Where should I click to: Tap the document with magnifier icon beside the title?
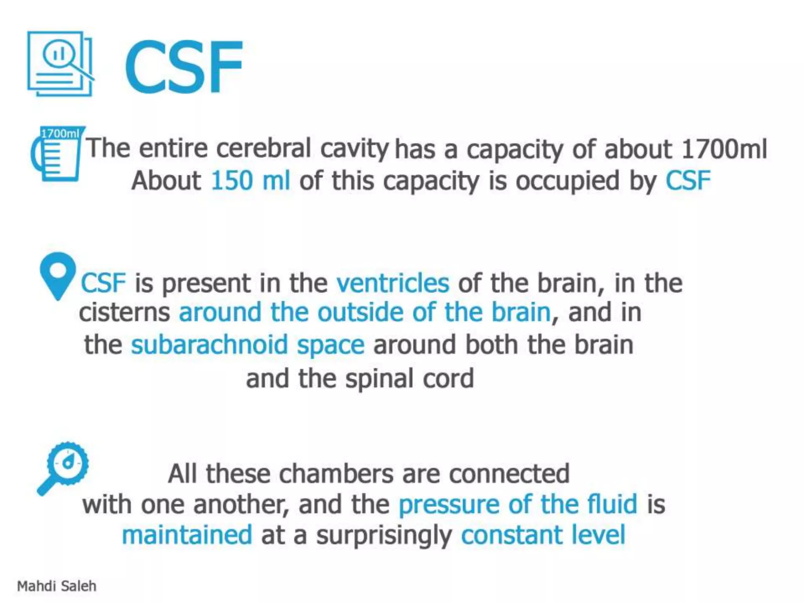pyautogui.click(x=60, y=64)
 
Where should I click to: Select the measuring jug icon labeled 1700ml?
pyautogui.click(x=57, y=154)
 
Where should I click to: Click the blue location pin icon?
pyautogui.click(x=58, y=275)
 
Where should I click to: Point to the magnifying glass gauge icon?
pyautogui.click(x=64, y=468)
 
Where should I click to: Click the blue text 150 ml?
pyautogui.click(x=250, y=181)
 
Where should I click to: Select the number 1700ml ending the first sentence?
pyautogui.click(x=724, y=149)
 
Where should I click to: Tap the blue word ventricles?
pyautogui.click(x=393, y=283)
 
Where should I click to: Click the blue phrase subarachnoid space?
pyautogui.click(x=247, y=345)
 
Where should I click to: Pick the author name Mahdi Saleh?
pyautogui.click(x=57, y=586)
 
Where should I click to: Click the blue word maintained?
pyautogui.click(x=187, y=535)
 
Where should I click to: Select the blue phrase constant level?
pyautogui.click(x=543, y=535)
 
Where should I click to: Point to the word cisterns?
pyautogui.click(x=124, y=312)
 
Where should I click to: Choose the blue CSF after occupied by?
pyautogui.click(x=688, y=181)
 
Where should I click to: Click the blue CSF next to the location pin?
pyautogui.click(x=103, y=283)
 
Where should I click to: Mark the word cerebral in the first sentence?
pyautogui.click(x=263, y=148)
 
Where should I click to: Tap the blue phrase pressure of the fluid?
pyautogui.click(x=518, y=504)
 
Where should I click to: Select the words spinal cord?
pyautogui.click(x=409, y=379)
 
